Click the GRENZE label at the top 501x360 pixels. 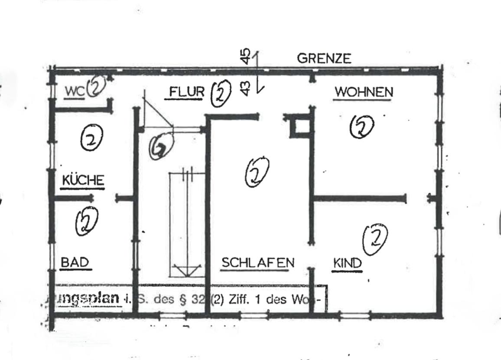[324, 59]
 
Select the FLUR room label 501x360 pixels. [186, 92]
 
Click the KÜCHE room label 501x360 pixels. [83, 180]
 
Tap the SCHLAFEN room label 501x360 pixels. [258, 262]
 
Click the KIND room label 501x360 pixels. [347, 263]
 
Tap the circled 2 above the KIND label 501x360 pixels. [375, 240]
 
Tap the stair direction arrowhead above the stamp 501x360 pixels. [187, 271]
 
